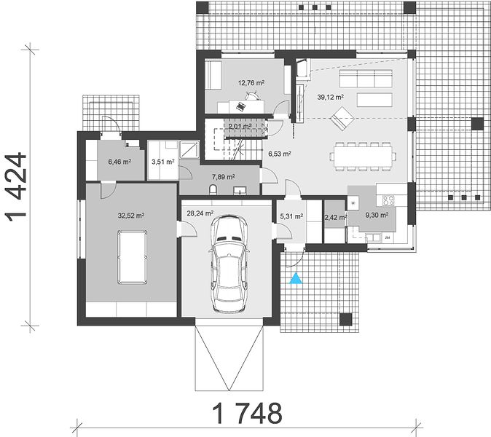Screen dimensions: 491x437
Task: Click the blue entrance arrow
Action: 296,279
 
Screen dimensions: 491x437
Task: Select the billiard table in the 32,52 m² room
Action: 132,257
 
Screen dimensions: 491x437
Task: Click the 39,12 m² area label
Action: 330,98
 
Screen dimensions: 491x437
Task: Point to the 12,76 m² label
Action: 251,83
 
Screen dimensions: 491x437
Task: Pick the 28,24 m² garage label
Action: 200,213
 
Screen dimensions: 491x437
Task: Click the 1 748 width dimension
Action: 248,413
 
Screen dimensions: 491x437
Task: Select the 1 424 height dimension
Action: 16,187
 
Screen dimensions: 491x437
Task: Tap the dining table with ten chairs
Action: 363,156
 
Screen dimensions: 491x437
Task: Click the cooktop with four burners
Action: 388,200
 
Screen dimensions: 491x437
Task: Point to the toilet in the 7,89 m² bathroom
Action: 213,189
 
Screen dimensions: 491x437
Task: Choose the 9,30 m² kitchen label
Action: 377,215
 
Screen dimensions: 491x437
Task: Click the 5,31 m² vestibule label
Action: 291,216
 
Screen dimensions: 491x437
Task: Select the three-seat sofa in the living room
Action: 366,79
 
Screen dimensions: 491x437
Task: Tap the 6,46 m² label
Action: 119,162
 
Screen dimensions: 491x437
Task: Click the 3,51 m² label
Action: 163,162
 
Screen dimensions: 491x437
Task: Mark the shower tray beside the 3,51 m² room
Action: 189,149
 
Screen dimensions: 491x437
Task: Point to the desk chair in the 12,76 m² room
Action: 252,96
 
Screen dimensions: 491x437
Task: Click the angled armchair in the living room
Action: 342,118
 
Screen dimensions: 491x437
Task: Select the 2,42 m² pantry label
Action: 335,217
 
